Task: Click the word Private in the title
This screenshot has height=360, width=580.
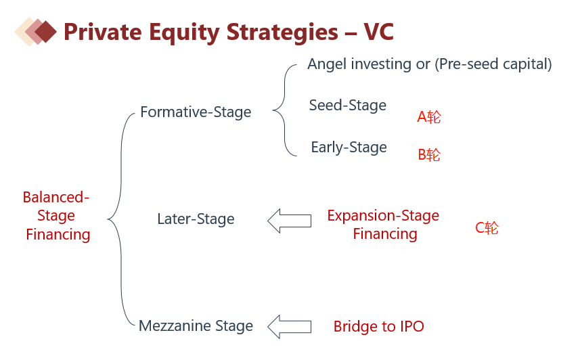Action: click(103, 32)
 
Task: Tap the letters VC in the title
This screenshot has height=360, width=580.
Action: click(378, 32)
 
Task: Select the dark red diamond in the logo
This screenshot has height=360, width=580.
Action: click(45, 31)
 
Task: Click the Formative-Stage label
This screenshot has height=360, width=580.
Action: click(196, 112)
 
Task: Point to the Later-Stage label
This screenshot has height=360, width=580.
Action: click(196, 219)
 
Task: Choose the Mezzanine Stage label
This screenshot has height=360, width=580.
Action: click(196, 325)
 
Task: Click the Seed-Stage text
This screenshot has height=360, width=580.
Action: click(348, 106)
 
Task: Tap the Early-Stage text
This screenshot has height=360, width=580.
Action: click(349, 148)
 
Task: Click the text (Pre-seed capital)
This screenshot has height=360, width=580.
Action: click(493, 64)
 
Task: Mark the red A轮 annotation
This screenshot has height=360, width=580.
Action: click(429, 117)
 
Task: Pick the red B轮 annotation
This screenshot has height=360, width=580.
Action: click(429, 155)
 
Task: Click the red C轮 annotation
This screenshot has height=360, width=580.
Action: click(487, 228)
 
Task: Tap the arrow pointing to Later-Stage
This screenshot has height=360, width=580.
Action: click(289, 221)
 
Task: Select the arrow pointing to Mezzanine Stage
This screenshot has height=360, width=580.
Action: click(289, 327)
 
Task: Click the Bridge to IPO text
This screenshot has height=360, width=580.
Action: click(379, 326)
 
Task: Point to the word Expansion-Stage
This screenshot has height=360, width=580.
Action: click(383, 216)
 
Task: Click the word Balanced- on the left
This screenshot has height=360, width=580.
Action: click(56, 197)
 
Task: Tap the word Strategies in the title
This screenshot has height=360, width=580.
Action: click(282, 32)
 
